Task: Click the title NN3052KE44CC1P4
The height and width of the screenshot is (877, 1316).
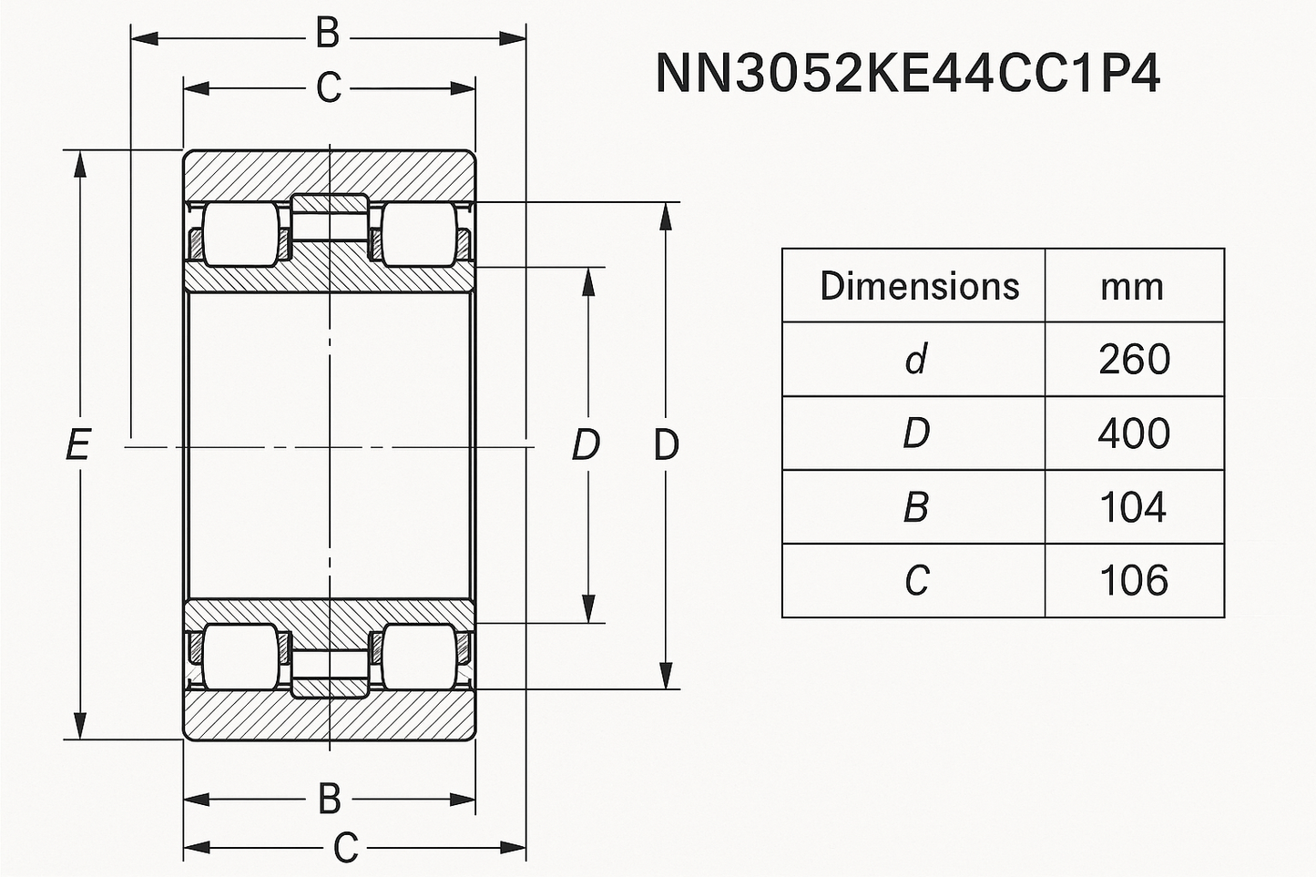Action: point(907,74)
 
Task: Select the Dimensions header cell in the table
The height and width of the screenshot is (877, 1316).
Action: point(919,286)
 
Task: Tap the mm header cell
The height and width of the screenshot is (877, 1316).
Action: point(1132,287)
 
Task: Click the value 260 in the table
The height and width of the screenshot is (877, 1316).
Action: point(1134,360)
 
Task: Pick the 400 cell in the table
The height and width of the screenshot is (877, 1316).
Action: point(1134,433)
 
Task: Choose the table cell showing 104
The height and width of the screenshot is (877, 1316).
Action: point(1133,507)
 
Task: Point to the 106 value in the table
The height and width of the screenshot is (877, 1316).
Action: point(1133,581)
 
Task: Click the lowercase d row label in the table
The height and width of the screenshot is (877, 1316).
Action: point(915,360)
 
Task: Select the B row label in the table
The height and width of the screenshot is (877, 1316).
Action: point(915,507)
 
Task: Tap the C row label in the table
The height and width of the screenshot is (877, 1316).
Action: point(916,581)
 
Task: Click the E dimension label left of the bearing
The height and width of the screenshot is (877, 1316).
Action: point(78,445)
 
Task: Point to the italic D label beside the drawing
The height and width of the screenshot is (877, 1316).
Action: point(586,445)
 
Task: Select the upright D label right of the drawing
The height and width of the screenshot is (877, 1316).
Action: point(667,445)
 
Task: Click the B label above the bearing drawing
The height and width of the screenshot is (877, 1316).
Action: point(328,36)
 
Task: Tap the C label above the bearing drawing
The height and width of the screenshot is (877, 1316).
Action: point(328,88)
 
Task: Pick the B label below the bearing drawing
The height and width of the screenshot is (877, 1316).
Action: point(329,800)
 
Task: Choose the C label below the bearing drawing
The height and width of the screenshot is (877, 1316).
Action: point(345,849)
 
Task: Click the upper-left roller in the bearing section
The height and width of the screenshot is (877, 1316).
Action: point(240,234)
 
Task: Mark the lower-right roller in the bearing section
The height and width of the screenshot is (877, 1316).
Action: point(418,657)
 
